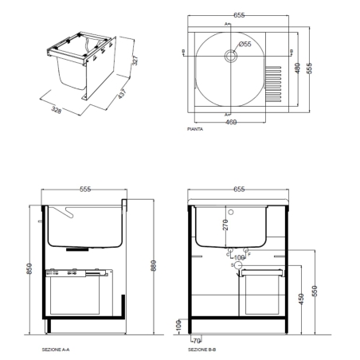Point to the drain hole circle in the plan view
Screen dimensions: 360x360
point(231,56)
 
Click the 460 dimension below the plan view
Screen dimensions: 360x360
point(229,123)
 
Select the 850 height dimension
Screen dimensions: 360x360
point(30,269)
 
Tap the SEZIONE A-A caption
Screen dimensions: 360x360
point(56,350)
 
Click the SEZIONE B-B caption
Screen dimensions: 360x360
point(202,350)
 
